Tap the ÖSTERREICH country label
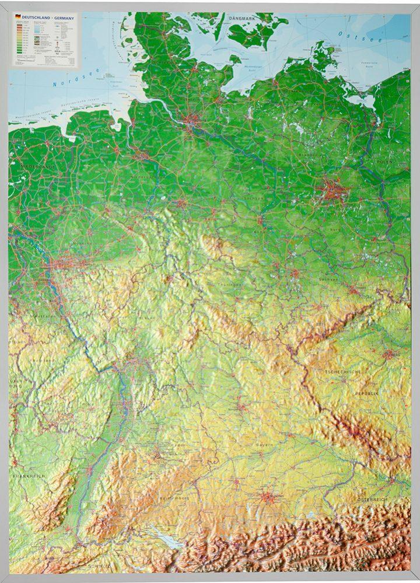click(372, 500)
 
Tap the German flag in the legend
click(18, 18)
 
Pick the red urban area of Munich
click(268, 498)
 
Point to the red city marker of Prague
click(390, 354)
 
